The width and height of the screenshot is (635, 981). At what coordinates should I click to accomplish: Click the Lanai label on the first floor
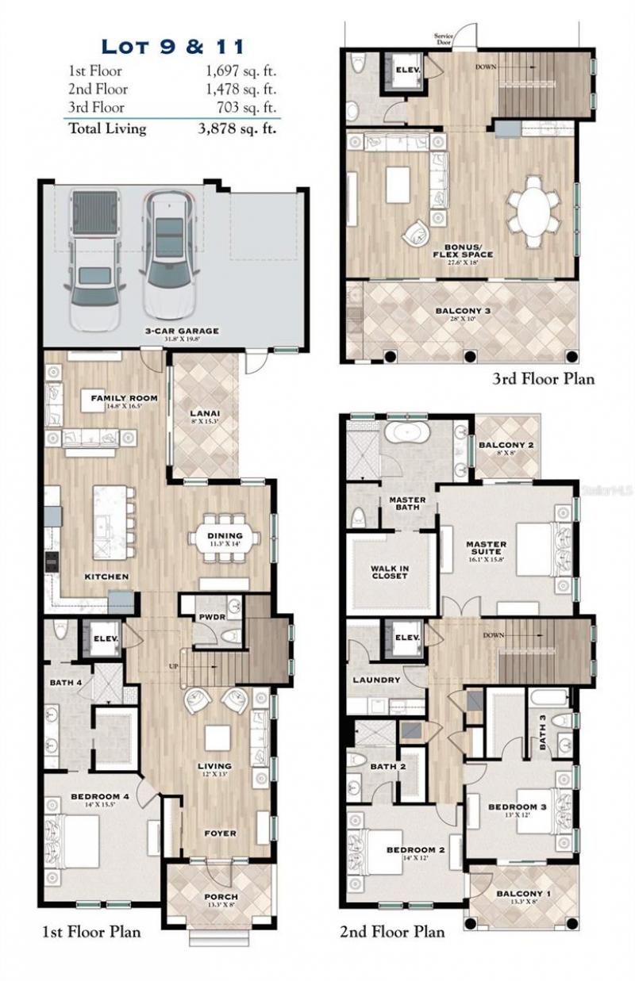click(x=205, y=413)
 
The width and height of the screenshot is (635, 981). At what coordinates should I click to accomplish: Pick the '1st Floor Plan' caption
click(x=90, y=932)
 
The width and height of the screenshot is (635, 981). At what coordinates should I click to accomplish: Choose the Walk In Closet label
click(x=389, y=572)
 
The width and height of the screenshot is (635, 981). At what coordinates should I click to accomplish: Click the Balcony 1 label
click(x=519, y=894)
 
